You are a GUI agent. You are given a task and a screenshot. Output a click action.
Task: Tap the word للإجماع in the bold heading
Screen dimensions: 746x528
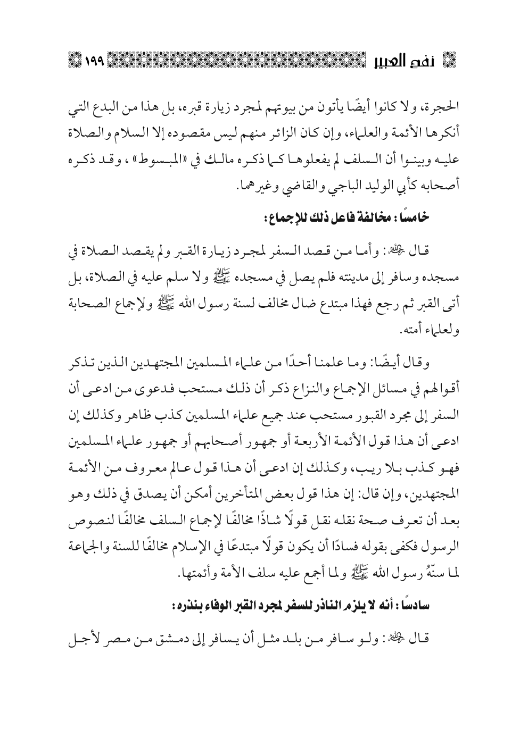[x=285, y=218]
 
